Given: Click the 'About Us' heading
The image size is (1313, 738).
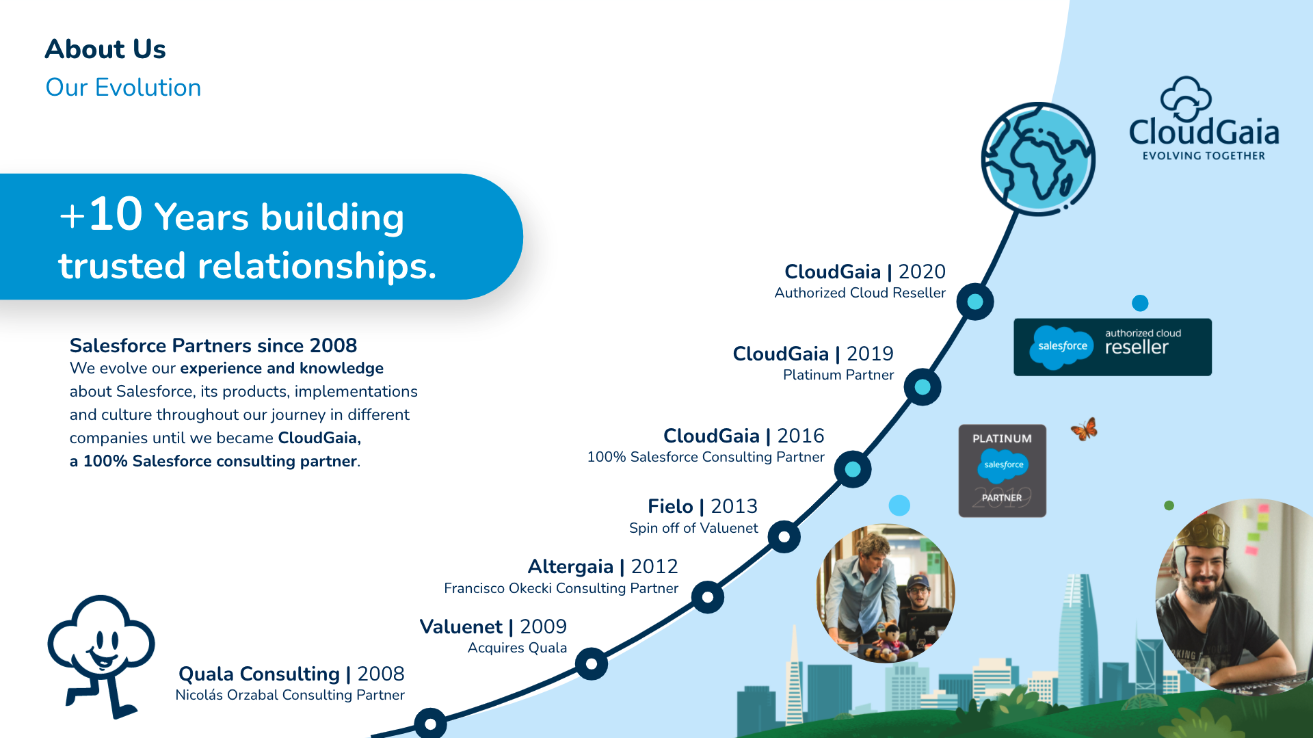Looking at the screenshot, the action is coord(105,49).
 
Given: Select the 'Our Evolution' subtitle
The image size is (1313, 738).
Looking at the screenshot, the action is coord(123,88).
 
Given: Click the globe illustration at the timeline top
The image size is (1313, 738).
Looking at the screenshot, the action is coord(1037,159).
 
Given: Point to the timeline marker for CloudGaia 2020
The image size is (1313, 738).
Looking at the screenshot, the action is coord(975,302).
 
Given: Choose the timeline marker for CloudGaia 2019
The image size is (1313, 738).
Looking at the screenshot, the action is coord(923,387).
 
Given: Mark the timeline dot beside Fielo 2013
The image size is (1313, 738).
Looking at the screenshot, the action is coord(784,537).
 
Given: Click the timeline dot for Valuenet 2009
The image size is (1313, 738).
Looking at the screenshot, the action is coord(592,663).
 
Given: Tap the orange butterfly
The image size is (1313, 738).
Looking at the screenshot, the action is coord(1085,430).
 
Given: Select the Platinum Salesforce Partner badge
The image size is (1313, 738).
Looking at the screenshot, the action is coord(1003,471).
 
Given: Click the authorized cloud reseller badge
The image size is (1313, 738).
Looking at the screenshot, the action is coord(1113,347).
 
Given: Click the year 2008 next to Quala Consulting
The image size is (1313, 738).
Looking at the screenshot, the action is coord(381,674).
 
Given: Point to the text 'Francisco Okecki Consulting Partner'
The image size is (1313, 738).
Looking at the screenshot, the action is coord(561,588).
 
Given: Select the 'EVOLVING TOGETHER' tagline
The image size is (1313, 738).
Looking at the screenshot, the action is coord(1204,156).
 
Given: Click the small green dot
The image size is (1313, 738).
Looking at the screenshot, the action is coord(1169,505).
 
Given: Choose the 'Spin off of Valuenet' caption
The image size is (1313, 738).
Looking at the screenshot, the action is coord(693,528).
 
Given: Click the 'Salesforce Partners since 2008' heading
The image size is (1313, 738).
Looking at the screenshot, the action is coord(213,345).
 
